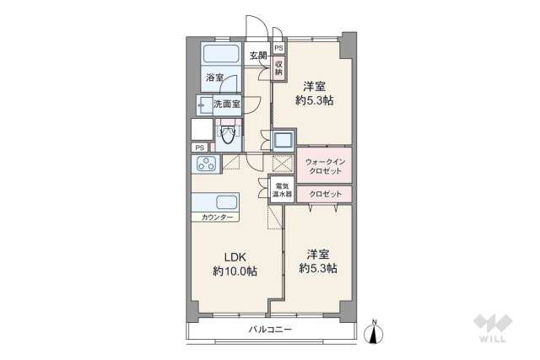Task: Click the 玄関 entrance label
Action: click(x=257, y=56)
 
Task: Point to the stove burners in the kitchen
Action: click(x=205, y=164)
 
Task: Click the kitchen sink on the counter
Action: click(x=226, y=202)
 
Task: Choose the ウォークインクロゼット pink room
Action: click(x=325, y=165)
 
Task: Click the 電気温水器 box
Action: click(x=281, y=190)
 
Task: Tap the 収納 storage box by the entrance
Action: click(x=278, y=67)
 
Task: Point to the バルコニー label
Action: click(x=269, y=329)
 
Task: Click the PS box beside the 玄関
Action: click(x=278, y=48)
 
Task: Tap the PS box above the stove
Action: click(x=200, y=148)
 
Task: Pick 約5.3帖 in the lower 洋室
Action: click(x=318, y=268)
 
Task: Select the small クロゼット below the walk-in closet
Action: click(x=325, y=194)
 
